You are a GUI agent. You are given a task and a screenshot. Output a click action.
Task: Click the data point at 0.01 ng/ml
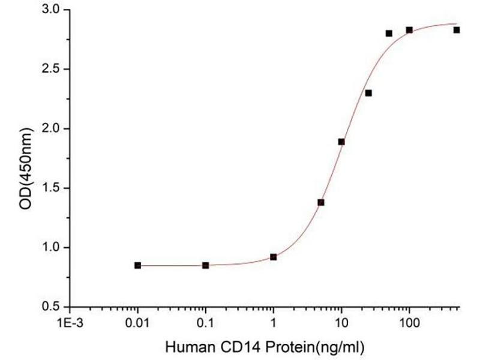(138, 265)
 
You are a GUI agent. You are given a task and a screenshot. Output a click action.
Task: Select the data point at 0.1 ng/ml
(206, 265)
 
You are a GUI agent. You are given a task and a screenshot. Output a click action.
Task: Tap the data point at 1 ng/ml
(274, 257)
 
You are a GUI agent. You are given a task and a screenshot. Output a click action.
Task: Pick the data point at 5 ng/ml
(321, 202)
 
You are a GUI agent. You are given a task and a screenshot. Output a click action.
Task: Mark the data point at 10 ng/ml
(341, 142)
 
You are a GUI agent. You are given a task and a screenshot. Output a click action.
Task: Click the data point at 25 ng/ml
(368, 93)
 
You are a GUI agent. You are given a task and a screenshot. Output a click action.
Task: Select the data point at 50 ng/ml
(389, 34)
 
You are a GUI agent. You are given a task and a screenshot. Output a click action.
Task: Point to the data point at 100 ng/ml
(409, 30)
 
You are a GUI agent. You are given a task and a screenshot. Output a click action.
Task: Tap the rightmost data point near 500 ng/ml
(457, 30)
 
